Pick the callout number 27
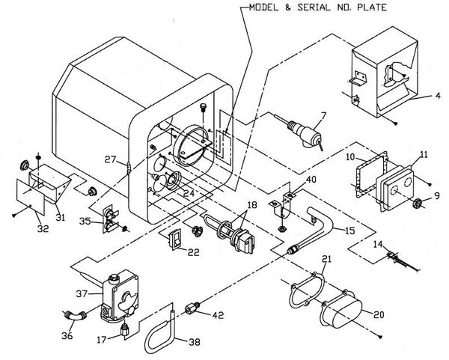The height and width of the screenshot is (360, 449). [x=110, y=159]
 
